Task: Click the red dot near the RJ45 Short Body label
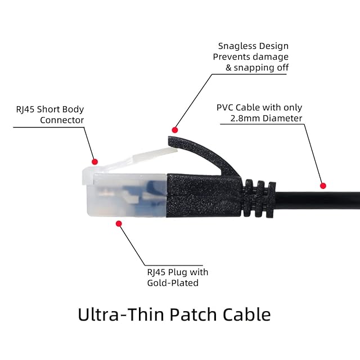click(95, 161)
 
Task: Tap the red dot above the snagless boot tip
click(175, 129)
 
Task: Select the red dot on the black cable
click(323, 186)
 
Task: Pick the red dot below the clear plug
click(119, 223)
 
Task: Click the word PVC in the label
click(226, 107)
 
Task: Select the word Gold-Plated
click(173, 283)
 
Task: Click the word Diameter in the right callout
click(283, 118)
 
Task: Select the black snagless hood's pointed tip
click(171, 135)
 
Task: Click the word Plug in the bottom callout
click(181, 272)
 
